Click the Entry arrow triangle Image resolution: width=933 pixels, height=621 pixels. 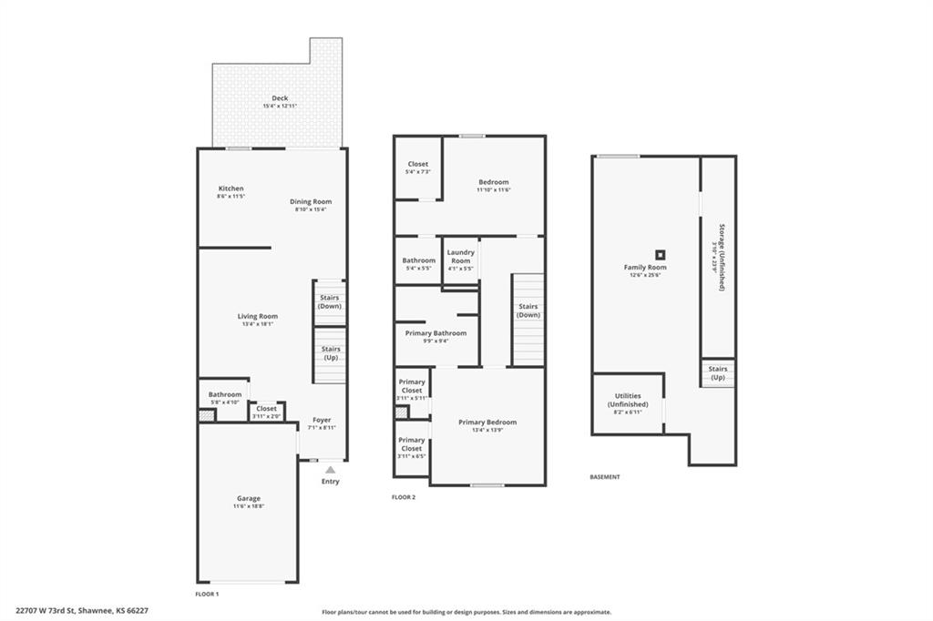(x=330, y=470)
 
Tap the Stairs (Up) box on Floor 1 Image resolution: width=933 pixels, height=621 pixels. (x=331, y=352)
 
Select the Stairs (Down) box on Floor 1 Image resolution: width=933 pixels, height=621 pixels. (x=330, y=301)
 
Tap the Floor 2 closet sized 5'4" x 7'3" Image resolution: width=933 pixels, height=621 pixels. (x=418, y=168)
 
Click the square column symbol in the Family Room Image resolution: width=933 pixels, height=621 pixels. (x=660, y=255)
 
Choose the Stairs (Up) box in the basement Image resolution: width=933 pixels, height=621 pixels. (x=718, y=372)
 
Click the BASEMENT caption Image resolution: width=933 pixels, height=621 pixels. (x=605, y=477)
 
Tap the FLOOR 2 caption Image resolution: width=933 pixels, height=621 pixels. (x=404, y=497)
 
